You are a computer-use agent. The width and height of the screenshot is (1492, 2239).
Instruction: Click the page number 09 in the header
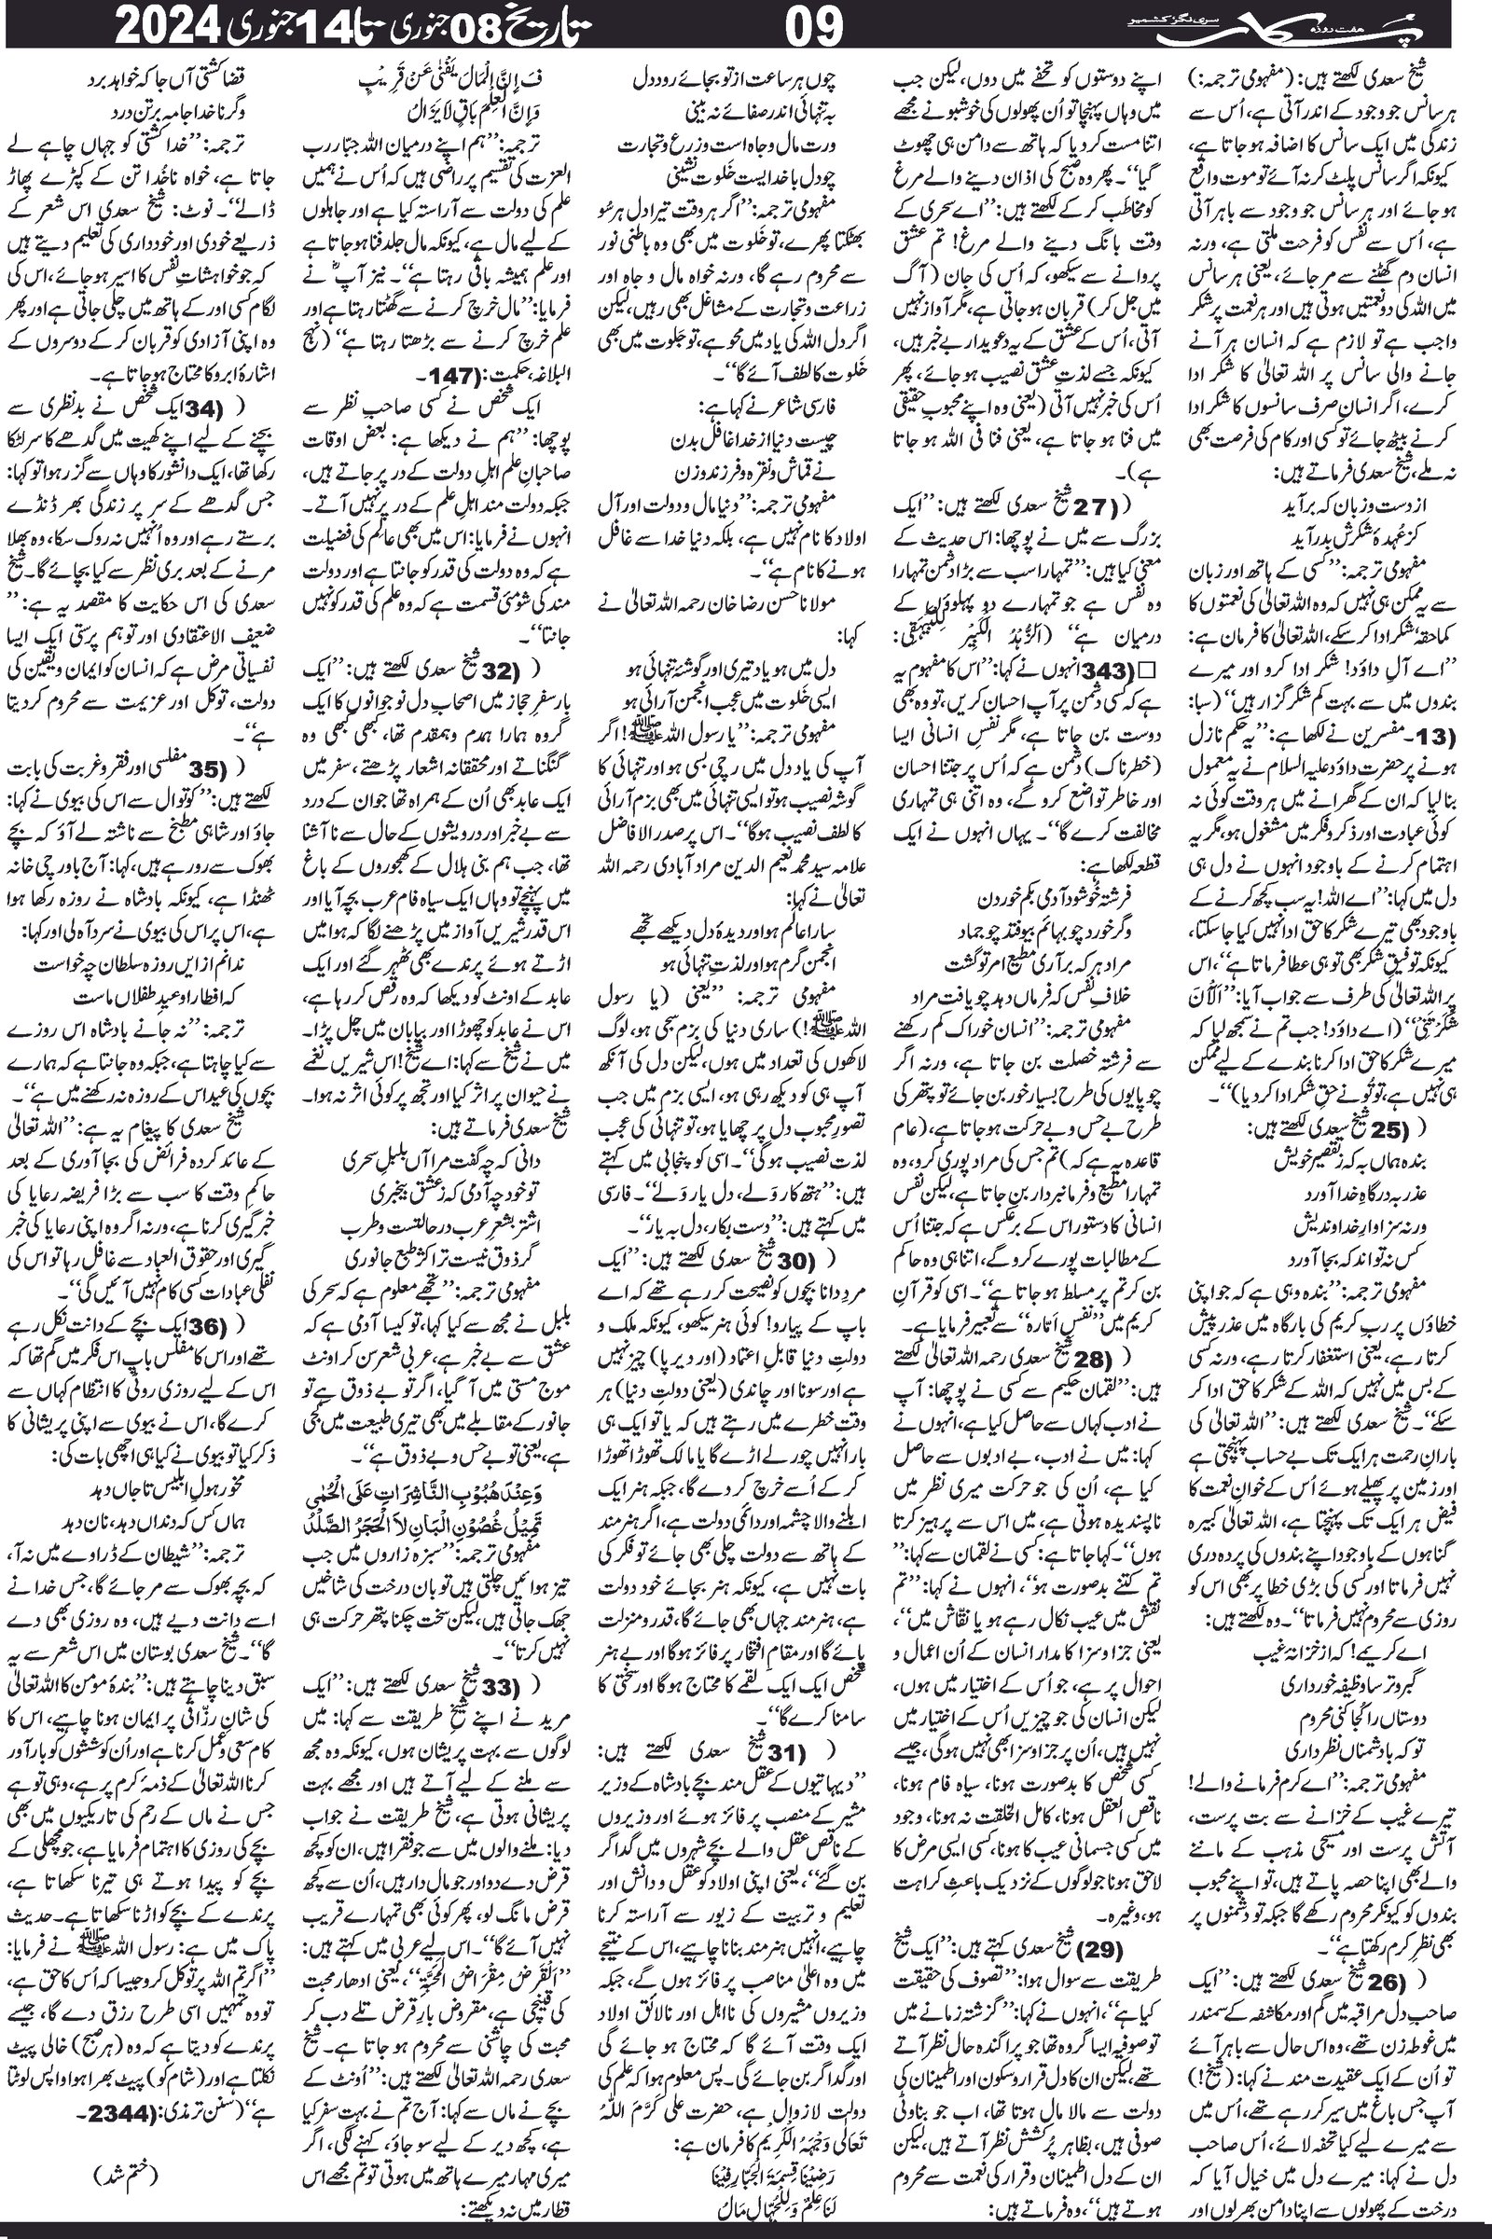815,29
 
